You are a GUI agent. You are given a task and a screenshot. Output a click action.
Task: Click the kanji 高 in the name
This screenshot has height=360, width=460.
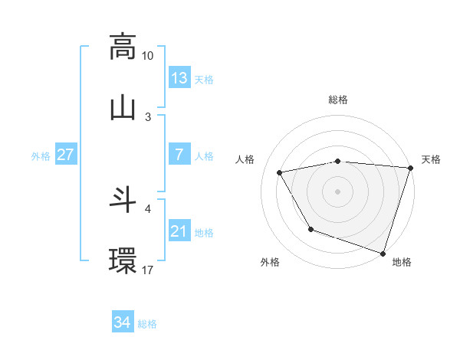point(123,46)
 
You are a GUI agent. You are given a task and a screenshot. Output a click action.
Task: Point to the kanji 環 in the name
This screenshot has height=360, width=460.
point(123,260)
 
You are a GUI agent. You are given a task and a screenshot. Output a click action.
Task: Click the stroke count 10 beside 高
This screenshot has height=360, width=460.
point(148,56)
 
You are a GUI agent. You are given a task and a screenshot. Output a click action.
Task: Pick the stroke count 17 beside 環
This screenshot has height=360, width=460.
point(148,270)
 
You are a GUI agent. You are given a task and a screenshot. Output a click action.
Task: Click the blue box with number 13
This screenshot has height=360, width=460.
point(179,77)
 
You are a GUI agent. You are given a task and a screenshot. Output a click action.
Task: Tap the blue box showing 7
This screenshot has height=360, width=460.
point(179,155)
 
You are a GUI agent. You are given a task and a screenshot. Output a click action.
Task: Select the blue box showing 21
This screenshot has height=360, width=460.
point(179,231)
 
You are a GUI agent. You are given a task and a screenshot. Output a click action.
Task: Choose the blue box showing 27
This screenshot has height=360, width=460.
point(66,155)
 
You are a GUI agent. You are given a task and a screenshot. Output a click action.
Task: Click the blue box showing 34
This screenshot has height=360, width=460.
point(123,322)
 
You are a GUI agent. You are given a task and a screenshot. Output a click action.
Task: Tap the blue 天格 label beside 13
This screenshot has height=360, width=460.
point(204,80)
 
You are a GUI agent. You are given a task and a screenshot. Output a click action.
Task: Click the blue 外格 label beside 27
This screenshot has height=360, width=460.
point(41,156)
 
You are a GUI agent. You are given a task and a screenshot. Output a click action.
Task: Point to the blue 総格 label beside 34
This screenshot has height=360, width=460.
point(147,324)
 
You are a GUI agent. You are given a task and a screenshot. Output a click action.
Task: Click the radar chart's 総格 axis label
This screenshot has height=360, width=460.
point(338,100)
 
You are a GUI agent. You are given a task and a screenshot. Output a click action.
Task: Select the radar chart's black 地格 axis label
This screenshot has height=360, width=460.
point(402,263)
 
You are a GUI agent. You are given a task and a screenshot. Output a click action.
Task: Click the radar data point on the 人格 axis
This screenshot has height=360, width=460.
point(280,172)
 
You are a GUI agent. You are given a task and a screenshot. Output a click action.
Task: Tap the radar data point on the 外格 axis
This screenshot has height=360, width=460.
point(310,229)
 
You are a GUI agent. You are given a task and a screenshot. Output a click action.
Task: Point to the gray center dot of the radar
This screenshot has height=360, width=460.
point(338,191)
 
